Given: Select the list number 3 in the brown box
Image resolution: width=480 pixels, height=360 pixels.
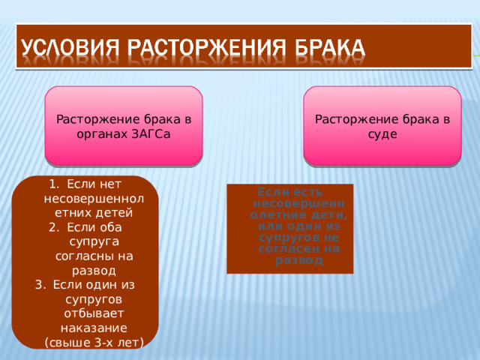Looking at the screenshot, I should click(x=39, y=285).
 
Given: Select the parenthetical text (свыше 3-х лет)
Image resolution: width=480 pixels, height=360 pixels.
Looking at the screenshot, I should click(x=94, y=343).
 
